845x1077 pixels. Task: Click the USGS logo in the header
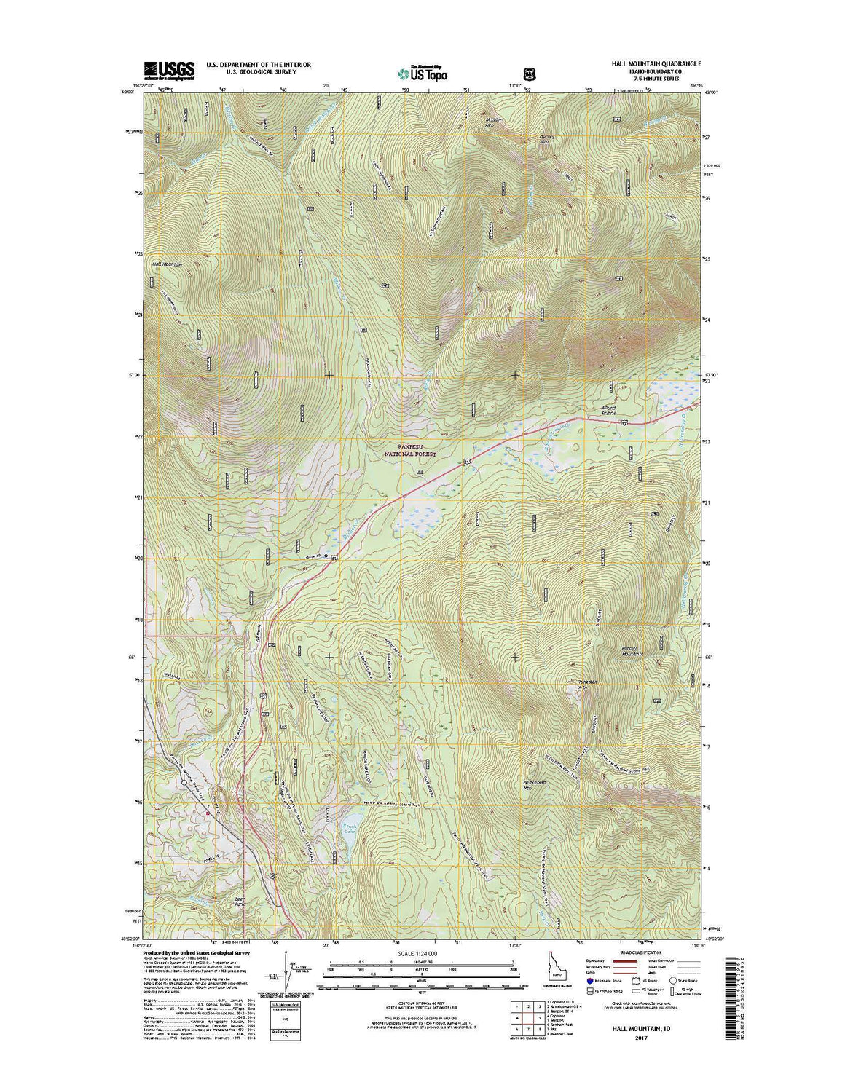[169, 70]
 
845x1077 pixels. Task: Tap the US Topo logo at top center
[423, 72]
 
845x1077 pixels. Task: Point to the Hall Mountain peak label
[167, 264]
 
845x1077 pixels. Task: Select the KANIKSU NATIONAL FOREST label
[416, 449]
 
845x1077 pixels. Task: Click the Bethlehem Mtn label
[535, 784]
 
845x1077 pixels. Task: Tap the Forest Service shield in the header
[529, 73]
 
